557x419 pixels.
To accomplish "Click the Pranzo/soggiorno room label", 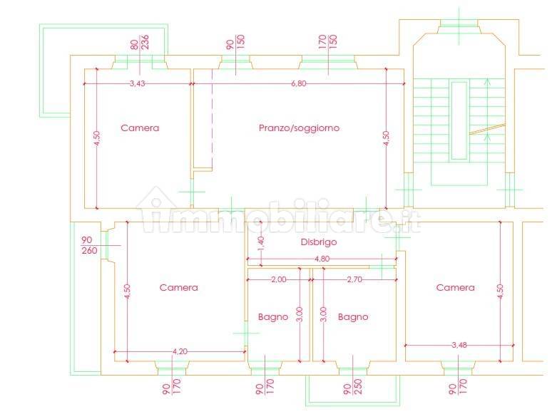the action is point(299,128).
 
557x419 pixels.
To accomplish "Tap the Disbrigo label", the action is point(319,242).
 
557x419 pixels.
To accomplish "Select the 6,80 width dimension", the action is point(298,84).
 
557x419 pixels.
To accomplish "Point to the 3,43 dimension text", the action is point(138,84).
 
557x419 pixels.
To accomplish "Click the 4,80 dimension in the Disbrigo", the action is point(322,259).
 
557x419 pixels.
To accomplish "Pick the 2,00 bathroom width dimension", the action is point(279,279).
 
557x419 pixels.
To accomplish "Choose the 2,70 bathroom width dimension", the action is point(355,279).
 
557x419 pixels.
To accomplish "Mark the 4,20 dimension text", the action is point(180,351).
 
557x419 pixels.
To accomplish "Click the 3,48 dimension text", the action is point(459,345).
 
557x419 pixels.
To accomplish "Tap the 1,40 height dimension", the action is point(261,244).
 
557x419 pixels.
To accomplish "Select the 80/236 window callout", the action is point(140,43).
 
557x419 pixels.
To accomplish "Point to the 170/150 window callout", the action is point(328,42).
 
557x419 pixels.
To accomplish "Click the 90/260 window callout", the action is point(89,245).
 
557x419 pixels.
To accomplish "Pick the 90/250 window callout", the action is point(353,387).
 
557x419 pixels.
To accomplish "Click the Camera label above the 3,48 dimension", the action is point(456,287).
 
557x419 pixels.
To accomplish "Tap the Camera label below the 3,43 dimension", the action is point(140,128).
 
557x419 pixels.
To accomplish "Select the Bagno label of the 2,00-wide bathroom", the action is point(273,317).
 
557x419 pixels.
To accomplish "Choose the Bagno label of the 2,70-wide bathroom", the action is point(353,317).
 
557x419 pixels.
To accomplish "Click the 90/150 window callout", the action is point(235,42).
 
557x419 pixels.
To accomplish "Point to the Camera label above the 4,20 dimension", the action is point(179,287).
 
